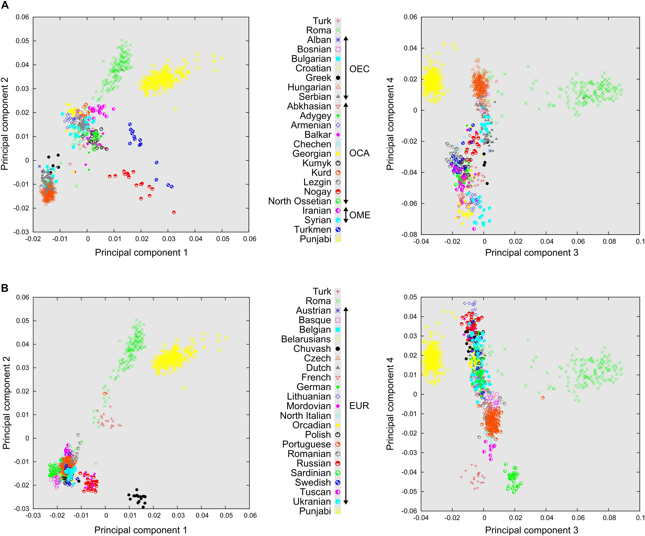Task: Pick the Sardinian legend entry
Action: pos(311,473)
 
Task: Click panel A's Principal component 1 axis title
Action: pos(141,253)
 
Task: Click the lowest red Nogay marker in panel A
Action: pos(174,212)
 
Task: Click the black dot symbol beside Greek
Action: pos(338,78)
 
